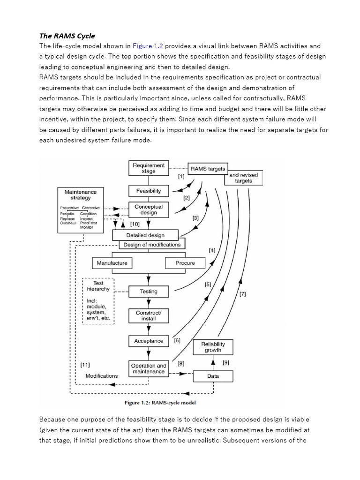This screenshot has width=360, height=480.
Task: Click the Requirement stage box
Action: click(149, 168)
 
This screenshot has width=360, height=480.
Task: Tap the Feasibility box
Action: click(149, 191)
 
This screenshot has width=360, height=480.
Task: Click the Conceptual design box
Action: click(149, 210)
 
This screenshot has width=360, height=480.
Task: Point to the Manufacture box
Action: click(112, 263)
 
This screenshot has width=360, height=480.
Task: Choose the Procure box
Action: click(185, 263)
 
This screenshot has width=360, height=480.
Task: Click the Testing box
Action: click(149, 292)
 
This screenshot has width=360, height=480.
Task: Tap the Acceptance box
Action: click(149, 341)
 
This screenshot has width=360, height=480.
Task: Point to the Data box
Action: click(213, 375)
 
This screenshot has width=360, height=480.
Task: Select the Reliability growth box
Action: click(213, 347)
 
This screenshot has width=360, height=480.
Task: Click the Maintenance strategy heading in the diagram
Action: click(81, 195)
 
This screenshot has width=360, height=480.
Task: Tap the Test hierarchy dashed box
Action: click(98, 300)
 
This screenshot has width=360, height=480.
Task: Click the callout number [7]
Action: click(242, 294)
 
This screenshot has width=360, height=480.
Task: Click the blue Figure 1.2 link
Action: click(148, 46)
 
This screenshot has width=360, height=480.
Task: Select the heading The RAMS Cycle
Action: click(67, 36)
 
